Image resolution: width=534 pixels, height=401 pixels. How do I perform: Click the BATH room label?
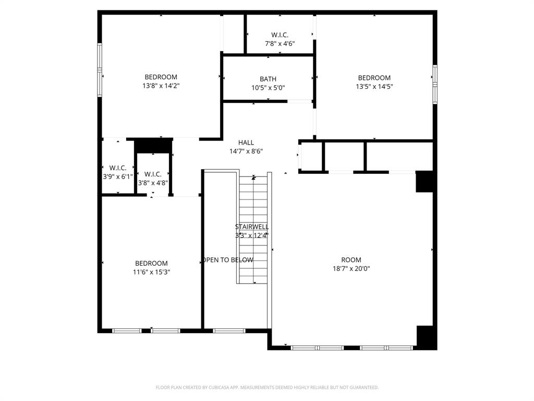point(268,79)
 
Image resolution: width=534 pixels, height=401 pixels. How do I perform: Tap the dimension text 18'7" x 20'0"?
point(351,268)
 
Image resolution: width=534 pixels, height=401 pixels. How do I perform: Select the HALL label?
point(246,143)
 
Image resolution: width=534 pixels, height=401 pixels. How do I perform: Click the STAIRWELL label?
point(252,227)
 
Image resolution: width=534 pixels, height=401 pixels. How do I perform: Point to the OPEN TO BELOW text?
point(228,260)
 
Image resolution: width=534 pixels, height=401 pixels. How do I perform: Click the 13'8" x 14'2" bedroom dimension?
point(161,86)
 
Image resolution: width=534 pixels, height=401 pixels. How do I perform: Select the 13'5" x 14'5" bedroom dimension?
point(374,87)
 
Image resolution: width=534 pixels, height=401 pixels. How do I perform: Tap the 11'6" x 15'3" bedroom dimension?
point(151,272)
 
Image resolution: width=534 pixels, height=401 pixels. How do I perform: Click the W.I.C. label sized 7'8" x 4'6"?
point(280,35)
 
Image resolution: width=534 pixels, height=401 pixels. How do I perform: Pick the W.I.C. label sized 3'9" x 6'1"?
point(118,168)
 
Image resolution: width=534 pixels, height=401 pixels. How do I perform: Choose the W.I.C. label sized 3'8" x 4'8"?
point(153,174)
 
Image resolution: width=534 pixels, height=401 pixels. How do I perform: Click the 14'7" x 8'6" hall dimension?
point(246,151)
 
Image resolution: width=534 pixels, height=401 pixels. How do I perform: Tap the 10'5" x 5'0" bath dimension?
point(268,88)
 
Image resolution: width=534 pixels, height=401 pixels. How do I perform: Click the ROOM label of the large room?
point(351,260)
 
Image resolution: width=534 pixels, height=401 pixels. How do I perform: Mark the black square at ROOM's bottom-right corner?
point(426,337)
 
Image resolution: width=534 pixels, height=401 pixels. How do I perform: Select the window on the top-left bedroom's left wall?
point(100,70)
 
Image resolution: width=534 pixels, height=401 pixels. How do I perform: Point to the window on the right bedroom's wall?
point(434,84)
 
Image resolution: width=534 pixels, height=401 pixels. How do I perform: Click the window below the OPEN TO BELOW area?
point(229,331)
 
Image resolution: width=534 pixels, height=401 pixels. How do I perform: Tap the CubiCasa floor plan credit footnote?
point(267,387)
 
